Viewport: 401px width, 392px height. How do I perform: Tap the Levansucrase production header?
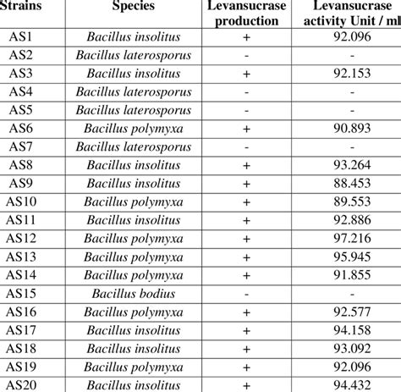[244, 14]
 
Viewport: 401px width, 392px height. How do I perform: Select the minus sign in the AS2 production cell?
[245, 55]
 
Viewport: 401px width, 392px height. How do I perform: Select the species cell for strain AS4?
[134, 91]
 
